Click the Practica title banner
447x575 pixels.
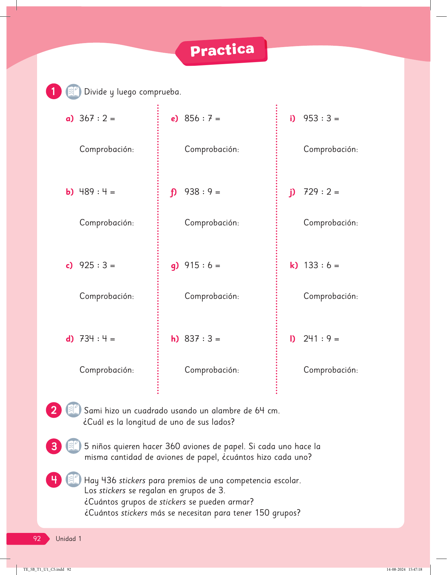point(222,51)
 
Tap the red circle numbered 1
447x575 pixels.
point(54,91)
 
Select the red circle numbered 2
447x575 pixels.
point(54,410)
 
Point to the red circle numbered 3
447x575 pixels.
point(54,446)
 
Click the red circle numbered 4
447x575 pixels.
point(54,480)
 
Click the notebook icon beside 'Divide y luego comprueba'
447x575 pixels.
point(73,91)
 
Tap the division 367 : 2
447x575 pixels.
point(97,119)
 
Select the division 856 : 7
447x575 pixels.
point(202,119)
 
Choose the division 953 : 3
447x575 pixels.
point(321,119)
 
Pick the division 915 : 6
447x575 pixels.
point(202,265)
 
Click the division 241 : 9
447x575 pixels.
point(321,339)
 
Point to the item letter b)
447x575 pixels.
point(69,192)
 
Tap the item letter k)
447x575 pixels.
point(294,265)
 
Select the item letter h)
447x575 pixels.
point(175,339)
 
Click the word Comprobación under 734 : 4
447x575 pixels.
point(106,370)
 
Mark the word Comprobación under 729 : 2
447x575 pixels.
point(330,223)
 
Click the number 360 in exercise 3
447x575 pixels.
point(173,446)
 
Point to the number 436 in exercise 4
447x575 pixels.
point(109,481)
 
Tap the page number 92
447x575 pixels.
point(37,539)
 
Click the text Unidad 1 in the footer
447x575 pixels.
point(68,539)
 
